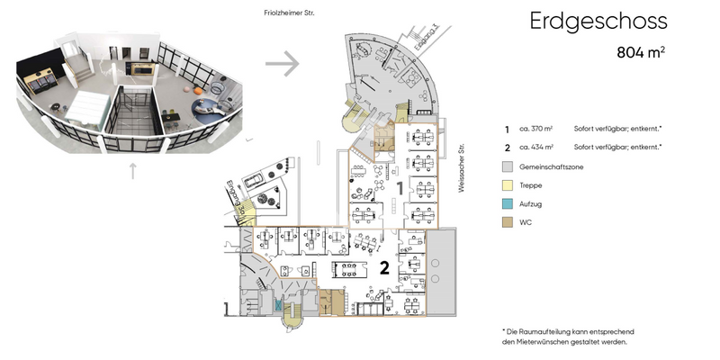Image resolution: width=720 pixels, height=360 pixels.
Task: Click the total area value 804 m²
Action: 641,52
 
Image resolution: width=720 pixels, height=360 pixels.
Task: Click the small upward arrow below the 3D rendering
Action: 132,167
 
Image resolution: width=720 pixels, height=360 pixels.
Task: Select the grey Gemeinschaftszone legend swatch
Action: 508,166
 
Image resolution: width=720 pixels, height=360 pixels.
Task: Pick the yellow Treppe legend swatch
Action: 508,184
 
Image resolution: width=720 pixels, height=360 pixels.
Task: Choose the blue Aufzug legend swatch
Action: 508,202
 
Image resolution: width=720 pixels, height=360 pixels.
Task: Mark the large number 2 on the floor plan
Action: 383,267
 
